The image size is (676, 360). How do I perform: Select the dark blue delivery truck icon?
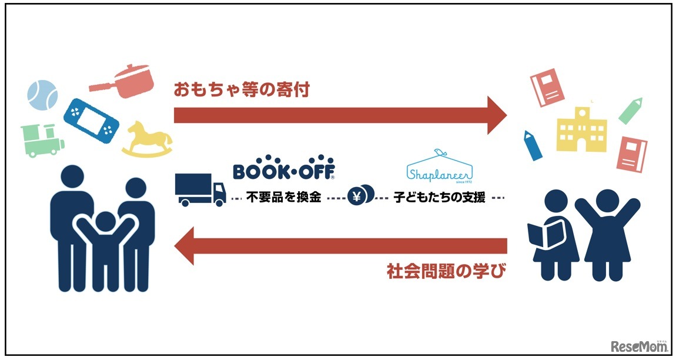click(x=200, y=189)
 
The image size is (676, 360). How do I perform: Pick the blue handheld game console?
click(x=91, y=118)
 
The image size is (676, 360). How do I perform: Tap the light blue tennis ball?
click(x=43, y=95)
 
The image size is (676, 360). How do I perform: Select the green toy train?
click(x=41, y=141)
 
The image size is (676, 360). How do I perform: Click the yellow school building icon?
click(x=581, y=129)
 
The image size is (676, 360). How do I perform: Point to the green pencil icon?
click(x=629, y=110)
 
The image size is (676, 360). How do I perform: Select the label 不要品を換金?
click(x=283, y=198)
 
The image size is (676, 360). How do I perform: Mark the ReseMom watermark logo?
click(x=639, y=345)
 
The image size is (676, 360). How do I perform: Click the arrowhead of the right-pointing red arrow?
click(x=495, y=115)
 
